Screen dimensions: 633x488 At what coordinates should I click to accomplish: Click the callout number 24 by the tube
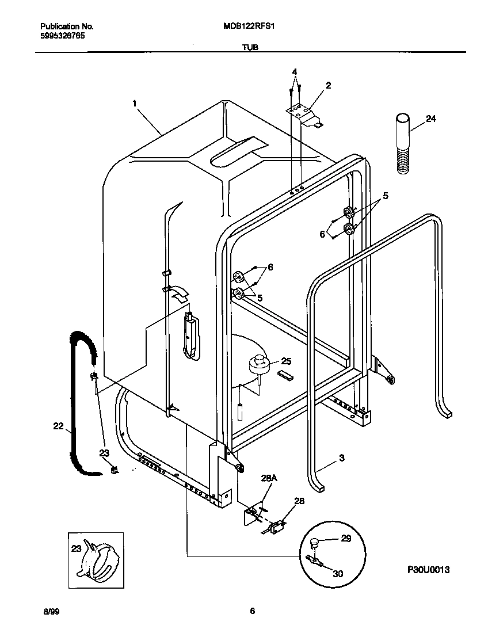coord(431,119)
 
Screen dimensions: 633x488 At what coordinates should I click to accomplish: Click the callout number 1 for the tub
coord(134,104)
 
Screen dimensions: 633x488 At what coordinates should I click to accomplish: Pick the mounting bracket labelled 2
coord(303,113)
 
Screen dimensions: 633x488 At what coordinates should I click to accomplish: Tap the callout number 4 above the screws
coord(295,72)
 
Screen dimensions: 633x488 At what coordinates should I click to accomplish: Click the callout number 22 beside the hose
coord(58,426)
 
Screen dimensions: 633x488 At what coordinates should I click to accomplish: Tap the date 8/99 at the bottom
coord(50,611)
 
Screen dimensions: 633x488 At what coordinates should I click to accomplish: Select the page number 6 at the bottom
coord(252,611)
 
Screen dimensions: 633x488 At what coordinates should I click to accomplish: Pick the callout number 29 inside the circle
coord(345,539)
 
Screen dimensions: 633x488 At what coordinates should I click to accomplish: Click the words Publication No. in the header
coord(67,26)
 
